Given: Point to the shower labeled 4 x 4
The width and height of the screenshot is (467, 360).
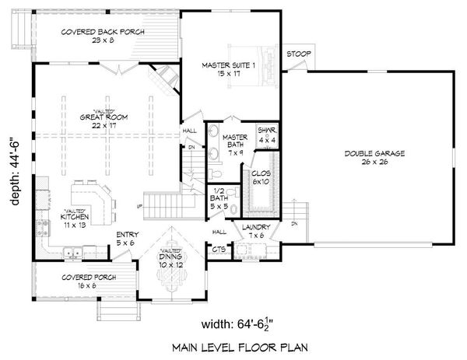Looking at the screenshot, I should coord(267,135).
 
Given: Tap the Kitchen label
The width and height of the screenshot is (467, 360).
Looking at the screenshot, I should coord(75,220).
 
